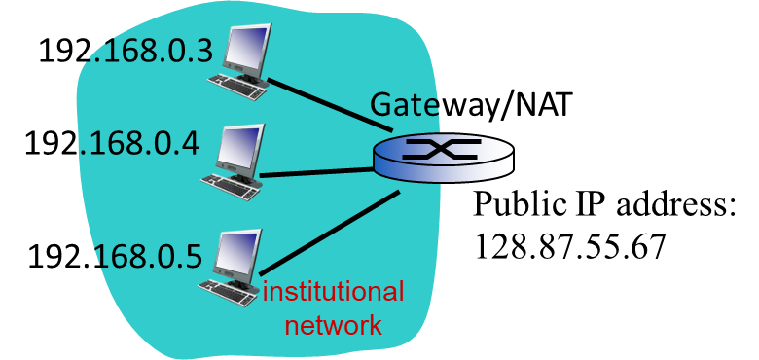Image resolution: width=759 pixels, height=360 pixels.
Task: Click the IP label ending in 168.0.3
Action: (x=146, y=51)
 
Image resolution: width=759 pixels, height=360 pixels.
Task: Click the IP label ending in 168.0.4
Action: (x=138, y=143)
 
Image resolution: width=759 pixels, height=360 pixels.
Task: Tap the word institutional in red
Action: (x=333, y=292)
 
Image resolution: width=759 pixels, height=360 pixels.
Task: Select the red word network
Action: (x=333, y=324)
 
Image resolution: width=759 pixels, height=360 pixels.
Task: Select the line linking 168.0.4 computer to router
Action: (x=316, y=173)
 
